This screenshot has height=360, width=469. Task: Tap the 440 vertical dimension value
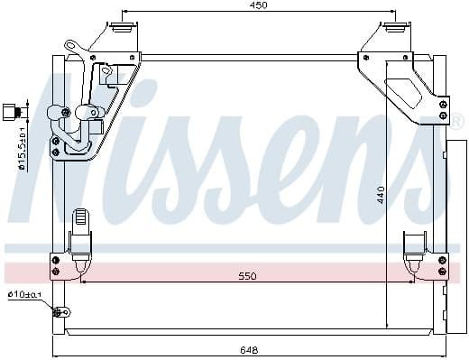(x=382, y=193)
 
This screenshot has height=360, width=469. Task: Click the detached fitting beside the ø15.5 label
(x=11, y=111)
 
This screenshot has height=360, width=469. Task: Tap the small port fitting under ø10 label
(x=61, y=313)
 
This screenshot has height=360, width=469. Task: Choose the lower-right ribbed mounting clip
(x=414, y=245)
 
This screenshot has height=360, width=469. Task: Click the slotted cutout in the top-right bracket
(x=402, y=88)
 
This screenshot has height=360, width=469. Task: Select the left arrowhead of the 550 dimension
(x=84, y=281)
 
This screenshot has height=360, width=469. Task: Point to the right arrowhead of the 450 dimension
(x=393, y=14)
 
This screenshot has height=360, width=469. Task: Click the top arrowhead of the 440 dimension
(x=388, y=65)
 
